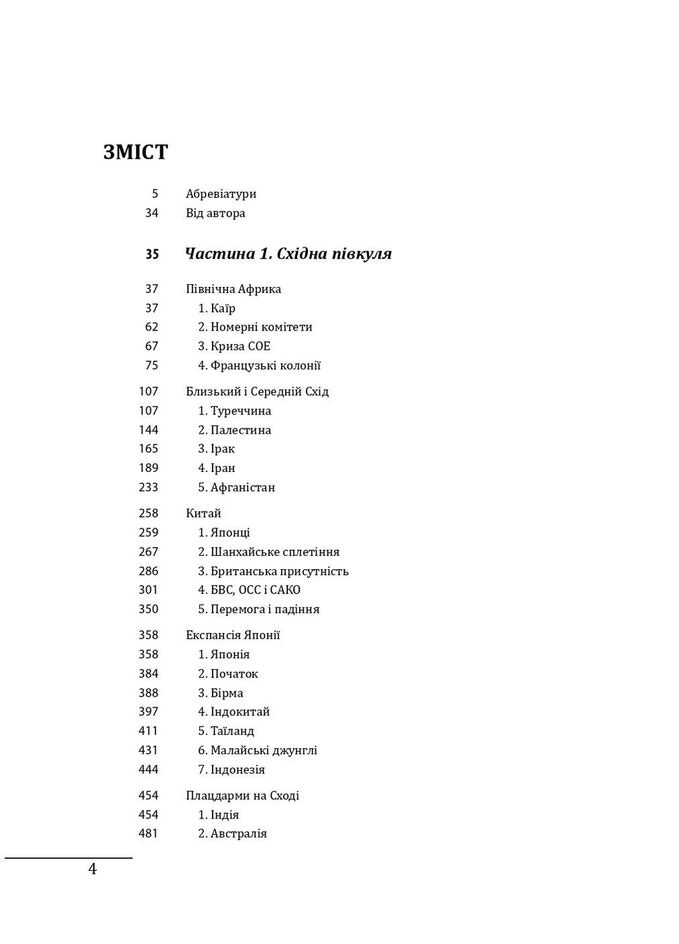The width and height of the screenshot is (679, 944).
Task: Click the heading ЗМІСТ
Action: (x=136, y=153)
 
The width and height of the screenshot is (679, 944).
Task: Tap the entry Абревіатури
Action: (x=221, y=194)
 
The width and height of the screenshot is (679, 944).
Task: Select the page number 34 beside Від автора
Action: (x=152, y=213)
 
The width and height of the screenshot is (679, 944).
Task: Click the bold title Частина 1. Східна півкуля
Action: (x=288, y=254)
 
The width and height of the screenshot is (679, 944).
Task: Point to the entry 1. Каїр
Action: (x=216, y=308)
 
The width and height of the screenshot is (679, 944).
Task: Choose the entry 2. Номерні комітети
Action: (x=255, y=327)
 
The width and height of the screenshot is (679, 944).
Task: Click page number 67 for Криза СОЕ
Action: (x=152, y=347)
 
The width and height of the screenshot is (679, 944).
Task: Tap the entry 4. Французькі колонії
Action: (x=259, y=366)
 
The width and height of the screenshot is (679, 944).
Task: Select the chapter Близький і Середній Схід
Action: (x=257, y=392)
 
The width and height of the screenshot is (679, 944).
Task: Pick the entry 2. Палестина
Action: (x=234, y=430)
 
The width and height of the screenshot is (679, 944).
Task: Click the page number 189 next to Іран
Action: (x=149, y=469)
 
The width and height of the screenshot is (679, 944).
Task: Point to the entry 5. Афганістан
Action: (x=236, y=487)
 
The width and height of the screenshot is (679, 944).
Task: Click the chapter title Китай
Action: (x=203, y=514)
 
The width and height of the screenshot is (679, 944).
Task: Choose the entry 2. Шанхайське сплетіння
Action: (x=268, y=552)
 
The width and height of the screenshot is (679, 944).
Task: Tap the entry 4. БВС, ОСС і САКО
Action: (x=249, y=591)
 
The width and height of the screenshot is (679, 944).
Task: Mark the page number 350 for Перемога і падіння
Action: (x=149, y=609)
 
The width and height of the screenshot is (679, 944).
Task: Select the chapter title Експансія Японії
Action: (x=233, y=636)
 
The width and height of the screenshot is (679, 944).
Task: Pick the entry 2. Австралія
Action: (x=232, y=834)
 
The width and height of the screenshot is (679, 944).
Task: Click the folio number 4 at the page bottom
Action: (x=93, y=870)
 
